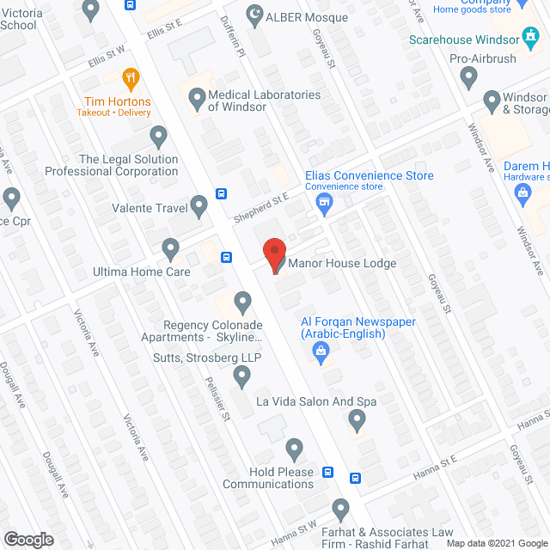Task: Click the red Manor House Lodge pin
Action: click(274, 255)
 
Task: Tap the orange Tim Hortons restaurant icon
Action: click(131, 78)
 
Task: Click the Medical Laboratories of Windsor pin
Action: click(197, 96)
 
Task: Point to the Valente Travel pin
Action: click(199, 205)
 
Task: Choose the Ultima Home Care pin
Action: click(170, 249)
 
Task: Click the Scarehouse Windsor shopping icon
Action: click(531, 38)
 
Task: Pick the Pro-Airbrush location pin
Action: click(468, 78)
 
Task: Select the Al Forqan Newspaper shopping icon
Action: click(321, 350)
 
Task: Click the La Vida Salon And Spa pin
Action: click(357, 419)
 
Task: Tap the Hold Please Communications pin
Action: click(295, 448)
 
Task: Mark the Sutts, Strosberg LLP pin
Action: click(242, 375)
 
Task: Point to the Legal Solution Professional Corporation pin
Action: click(158, 136)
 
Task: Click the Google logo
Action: click(27, 539)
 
